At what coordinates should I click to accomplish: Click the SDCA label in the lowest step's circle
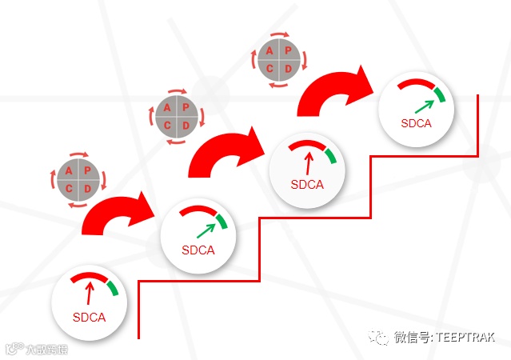coord(89,317)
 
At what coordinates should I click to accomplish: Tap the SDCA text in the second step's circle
coord(198,250)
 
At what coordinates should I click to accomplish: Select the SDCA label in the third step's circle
coord(307,185)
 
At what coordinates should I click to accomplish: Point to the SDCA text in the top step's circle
coord(416,123)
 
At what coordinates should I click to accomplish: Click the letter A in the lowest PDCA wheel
coord(69,170)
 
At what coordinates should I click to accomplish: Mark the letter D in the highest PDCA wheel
coord(289,70)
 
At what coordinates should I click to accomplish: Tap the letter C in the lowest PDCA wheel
coord(69,188)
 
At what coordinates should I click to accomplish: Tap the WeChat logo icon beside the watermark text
coord(379,338)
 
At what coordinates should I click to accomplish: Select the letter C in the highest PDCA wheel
coord(271,70)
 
